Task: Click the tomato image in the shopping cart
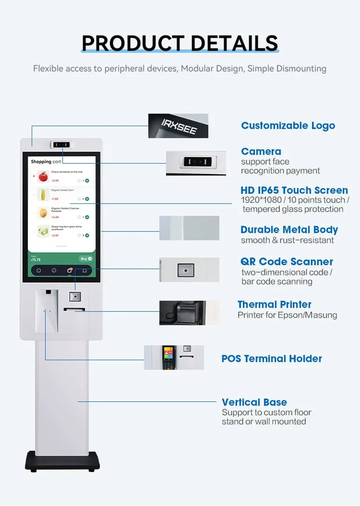pos(43,177)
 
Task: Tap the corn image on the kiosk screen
pos(43,195)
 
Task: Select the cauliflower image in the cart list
pos(43,231)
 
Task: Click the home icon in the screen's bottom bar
pos(39,271)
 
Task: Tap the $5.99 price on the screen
pos(55,181)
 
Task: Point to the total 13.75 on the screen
pos(36,260)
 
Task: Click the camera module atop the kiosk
pos(61,144)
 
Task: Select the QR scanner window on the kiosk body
pos(75,296)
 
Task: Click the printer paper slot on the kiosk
pos(74,310)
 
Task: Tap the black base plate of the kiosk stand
pos(62,461)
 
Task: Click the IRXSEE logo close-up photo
pos(178,126)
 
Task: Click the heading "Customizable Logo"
pos(288,126)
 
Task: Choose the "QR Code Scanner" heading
pos(287,261)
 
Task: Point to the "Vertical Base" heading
pos(254,402)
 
